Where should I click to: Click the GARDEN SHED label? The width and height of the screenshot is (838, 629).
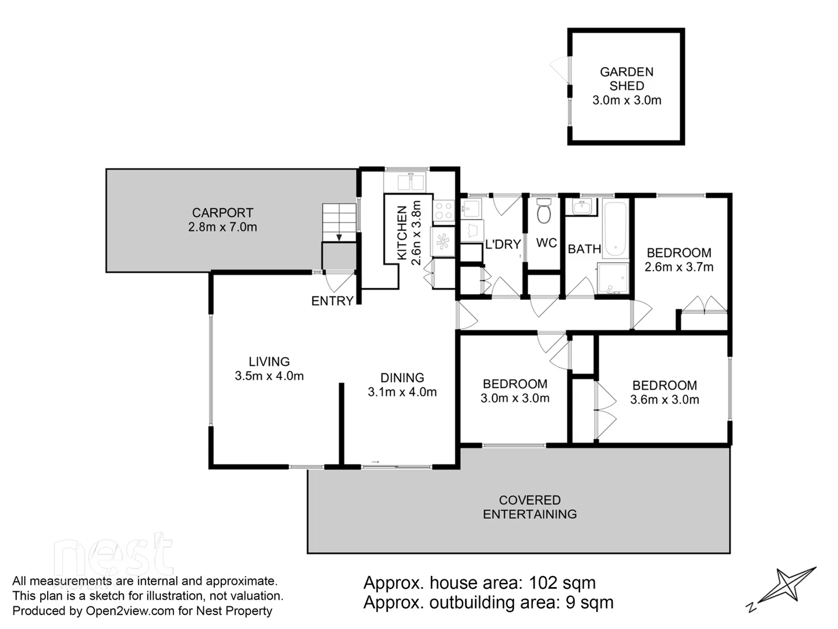click(627, 79)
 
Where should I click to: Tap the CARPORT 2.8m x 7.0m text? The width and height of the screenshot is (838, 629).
click(222, 220)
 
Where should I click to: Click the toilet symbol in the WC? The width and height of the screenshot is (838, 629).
click(544, 211)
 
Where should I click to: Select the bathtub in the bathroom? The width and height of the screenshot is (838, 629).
click(615, 229)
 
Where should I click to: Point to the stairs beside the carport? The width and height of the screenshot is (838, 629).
click(339, 222)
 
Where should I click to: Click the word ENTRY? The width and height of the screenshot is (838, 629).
click(332, 301)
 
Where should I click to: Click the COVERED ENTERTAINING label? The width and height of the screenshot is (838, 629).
click(529, 507)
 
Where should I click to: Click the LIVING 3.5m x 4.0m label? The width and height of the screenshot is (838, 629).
click(269, 369)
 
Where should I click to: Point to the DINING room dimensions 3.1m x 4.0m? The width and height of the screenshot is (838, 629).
click(402, 393)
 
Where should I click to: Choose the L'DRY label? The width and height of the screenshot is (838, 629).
click(503, 245)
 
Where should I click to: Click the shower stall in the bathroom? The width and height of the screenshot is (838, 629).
click(613, 279)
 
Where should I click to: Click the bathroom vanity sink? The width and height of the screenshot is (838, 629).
click(581, 207)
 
